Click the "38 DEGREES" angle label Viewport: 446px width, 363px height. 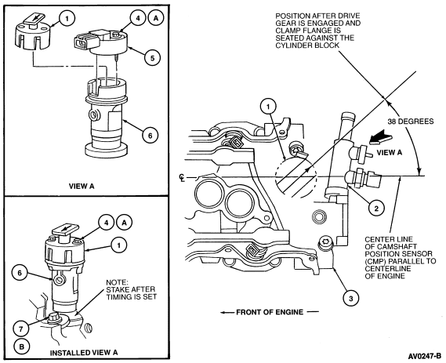point(411,122)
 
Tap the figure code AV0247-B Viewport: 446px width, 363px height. point(425,356)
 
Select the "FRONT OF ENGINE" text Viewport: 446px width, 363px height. point(270,312)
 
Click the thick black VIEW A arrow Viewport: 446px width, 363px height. point(381,139)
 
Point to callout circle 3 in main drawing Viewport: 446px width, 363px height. point(350,299)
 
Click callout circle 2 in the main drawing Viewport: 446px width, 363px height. point(376,209)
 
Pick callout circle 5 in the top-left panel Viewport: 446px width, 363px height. point(152,58)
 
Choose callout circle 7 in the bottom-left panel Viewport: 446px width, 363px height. point(20,329)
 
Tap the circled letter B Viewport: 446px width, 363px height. point(21,347)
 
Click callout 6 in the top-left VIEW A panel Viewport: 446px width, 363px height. point(150,136)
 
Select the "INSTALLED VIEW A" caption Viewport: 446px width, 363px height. point(84,353)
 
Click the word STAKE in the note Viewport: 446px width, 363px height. point(117,289)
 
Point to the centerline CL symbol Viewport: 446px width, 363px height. point(182,177)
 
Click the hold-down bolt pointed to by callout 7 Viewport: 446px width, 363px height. point(53,318)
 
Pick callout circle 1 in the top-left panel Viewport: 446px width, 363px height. point(67,19)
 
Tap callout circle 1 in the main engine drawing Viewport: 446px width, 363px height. point(268,107)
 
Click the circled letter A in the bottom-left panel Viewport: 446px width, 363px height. point(124,223)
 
